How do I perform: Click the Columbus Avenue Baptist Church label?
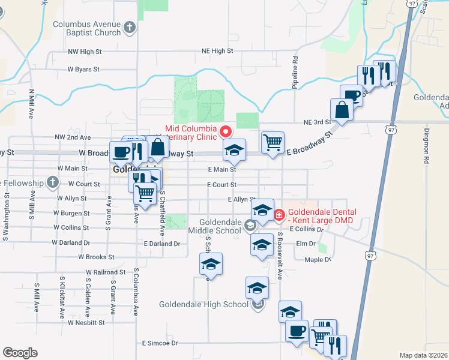pos(87,28)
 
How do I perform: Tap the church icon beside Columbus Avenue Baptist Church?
pos(130,27)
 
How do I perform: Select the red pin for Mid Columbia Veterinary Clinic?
pos(226,131)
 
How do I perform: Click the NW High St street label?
pos(86,52)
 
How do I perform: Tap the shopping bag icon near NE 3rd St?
pos(342,110)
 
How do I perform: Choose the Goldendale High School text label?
pos(203,304)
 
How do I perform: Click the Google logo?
pos(20,353)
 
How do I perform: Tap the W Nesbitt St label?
pos(86,322)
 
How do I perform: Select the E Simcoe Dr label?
pos(160,343)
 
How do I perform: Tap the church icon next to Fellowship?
pos(53,182)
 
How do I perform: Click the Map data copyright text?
pos(423,355)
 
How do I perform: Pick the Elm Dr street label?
pos(306,244)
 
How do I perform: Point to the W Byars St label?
pos(83,70)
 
